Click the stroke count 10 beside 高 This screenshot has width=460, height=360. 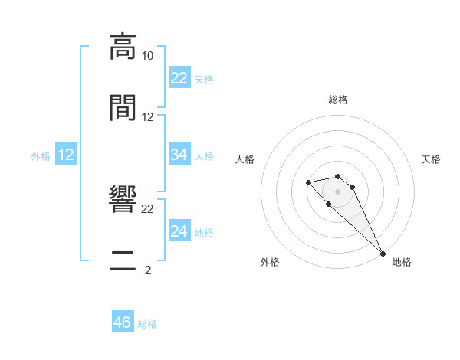coord(147,56)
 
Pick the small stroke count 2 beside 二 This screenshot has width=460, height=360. coord(147,270)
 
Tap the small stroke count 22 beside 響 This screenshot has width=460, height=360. coord(147,208)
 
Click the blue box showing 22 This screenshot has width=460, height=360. coord(179,78)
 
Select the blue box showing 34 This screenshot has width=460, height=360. coord(179,155)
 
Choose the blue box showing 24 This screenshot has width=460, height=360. coord(179,231)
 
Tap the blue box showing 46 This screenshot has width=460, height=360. coord(122,322)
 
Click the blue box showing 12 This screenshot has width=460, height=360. coord(66,155)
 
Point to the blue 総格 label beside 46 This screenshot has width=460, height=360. coord(147,324)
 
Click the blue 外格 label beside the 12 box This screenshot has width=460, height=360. coord(41,156)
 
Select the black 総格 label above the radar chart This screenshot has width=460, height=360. coord(338,100)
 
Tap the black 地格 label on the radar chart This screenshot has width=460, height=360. coord(402,262)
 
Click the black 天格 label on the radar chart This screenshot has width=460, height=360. coord(431,159)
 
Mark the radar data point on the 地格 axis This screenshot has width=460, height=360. coord(383,254)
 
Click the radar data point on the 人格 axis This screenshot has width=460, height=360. coord(308,182)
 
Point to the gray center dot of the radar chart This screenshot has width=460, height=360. coord(338,191)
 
